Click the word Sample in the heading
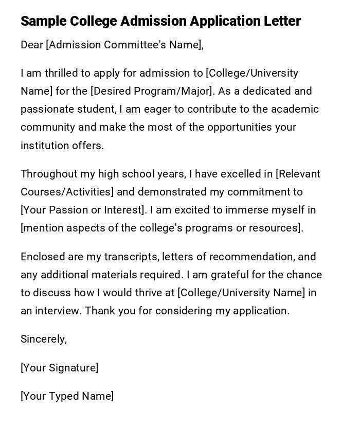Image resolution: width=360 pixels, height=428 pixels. coord(43,21)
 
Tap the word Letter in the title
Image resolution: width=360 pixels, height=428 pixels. coord(282,21)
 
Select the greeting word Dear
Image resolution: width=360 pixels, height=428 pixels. coord(32,45)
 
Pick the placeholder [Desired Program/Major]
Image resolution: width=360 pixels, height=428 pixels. coord(152,91)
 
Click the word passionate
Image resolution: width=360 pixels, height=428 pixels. coord(47,109)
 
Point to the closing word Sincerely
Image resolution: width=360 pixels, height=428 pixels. coord(43,339)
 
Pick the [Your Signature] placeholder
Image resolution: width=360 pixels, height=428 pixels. coord(59,368)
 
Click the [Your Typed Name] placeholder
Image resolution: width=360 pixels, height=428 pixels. coord(67,396)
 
